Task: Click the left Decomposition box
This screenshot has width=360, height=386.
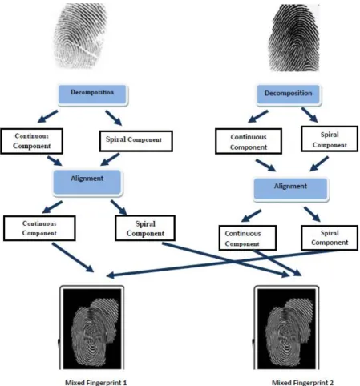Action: (92, 94)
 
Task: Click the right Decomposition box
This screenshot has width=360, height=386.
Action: (289, 94)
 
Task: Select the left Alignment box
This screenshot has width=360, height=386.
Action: (87, 183)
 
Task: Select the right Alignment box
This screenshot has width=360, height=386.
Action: (291, 189)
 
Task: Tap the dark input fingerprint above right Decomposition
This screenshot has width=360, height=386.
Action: (294, 38)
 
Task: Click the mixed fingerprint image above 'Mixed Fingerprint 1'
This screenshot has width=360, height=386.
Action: (91, 328)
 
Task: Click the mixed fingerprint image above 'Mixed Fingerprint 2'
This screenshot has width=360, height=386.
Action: (286, 328)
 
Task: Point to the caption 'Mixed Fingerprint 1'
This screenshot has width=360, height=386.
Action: (96, 382)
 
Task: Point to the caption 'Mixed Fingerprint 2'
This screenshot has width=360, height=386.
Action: (302, 382)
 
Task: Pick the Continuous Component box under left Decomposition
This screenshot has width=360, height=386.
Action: (32, 141)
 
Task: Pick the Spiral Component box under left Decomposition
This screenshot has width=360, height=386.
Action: (136, 141)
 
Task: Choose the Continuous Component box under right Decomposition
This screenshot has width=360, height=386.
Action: (249, 142)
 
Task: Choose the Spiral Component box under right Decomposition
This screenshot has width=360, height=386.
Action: (330, 139)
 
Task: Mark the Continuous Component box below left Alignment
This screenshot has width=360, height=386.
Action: (39, 228)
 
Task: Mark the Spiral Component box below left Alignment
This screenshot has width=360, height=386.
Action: (145, 228)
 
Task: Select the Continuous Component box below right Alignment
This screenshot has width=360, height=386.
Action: (248, 238)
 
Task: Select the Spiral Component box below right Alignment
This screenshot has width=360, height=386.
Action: (330, 238)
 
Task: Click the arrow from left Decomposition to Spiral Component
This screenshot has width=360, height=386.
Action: (114, 118)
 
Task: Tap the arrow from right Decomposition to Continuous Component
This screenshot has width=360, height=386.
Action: (258, 116)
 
